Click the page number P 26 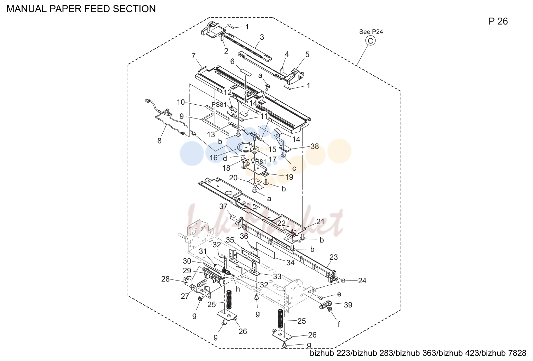point(498,21)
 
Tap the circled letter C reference point(370,41)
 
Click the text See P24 point(371,31)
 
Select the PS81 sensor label point(219,104)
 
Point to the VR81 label point(259,162)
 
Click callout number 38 point(315,146)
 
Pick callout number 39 point(348,305)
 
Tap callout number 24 point(362,281)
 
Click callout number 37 point(223,206)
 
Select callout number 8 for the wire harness point(160,141)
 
